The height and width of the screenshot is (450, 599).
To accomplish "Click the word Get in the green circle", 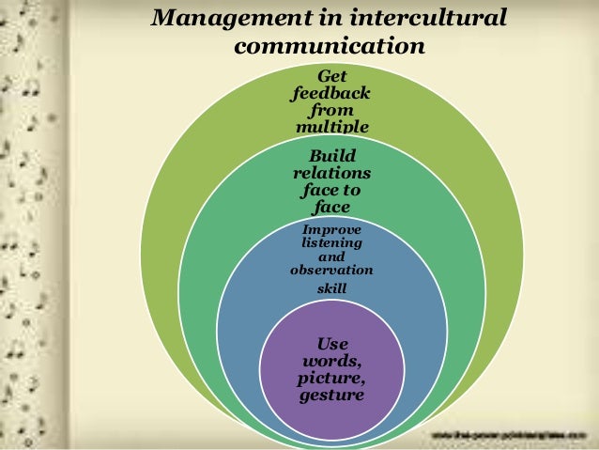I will (331, 77).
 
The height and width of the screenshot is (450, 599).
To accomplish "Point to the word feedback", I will (331, 94).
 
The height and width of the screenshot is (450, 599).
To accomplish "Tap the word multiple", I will (331, 127).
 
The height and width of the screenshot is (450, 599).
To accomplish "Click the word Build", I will (331, 156).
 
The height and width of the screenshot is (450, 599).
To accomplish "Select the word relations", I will (331, 173).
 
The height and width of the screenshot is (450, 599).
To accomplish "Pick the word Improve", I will (331, 230).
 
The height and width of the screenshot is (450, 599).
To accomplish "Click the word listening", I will (331, 243).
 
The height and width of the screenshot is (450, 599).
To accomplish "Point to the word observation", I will (331, 271).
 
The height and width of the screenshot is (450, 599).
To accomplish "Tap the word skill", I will (331, 288).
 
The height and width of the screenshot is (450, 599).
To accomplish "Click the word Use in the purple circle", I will (331, 344).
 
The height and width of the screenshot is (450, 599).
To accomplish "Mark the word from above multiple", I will (331, 111).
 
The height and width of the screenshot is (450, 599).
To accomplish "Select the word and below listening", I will (331, 256).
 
